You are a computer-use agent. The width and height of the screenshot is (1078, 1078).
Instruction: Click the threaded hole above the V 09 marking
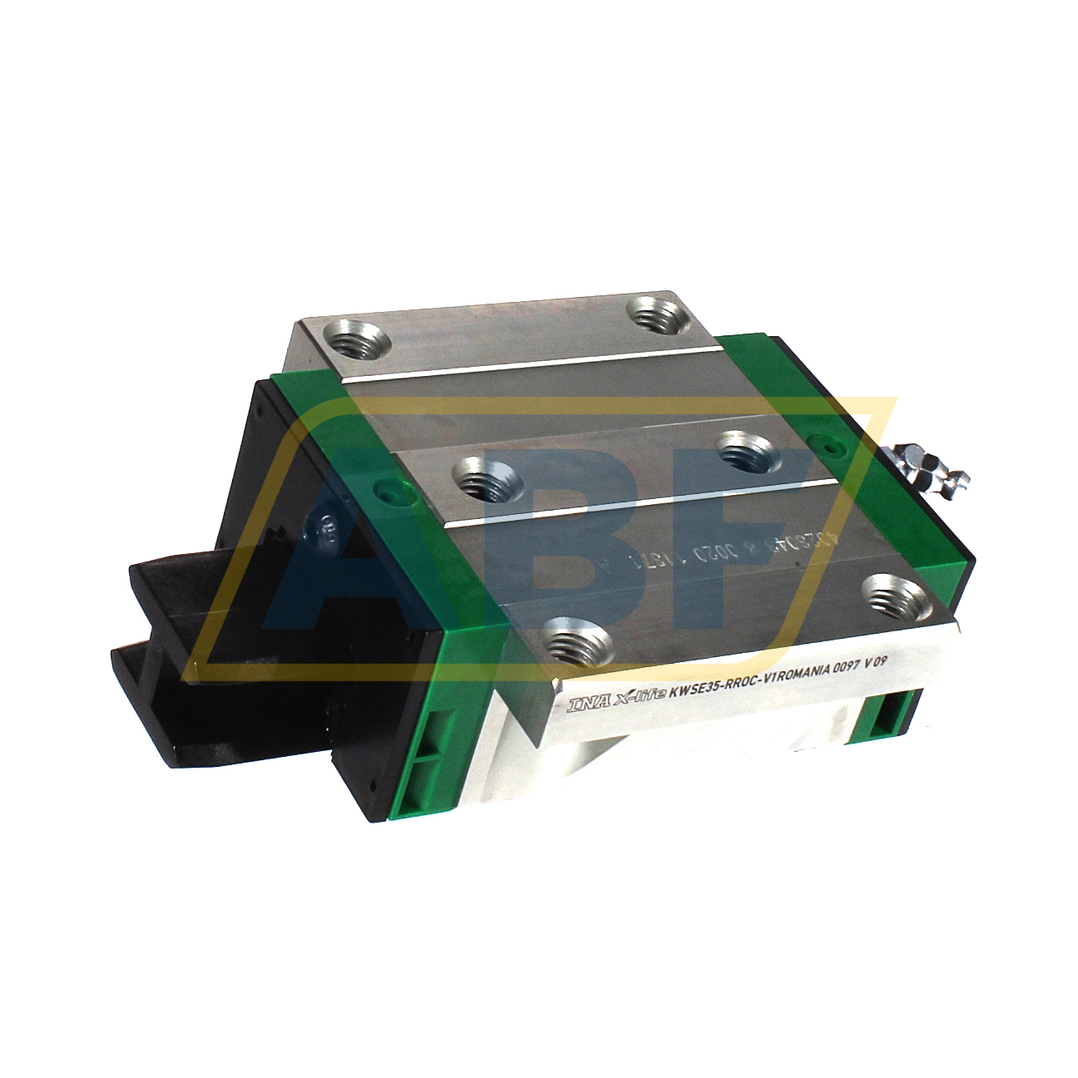[896, 596]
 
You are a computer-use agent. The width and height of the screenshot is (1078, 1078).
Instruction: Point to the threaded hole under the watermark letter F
[745, 453]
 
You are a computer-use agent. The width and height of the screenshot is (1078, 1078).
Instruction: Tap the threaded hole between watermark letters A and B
[483, 481]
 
